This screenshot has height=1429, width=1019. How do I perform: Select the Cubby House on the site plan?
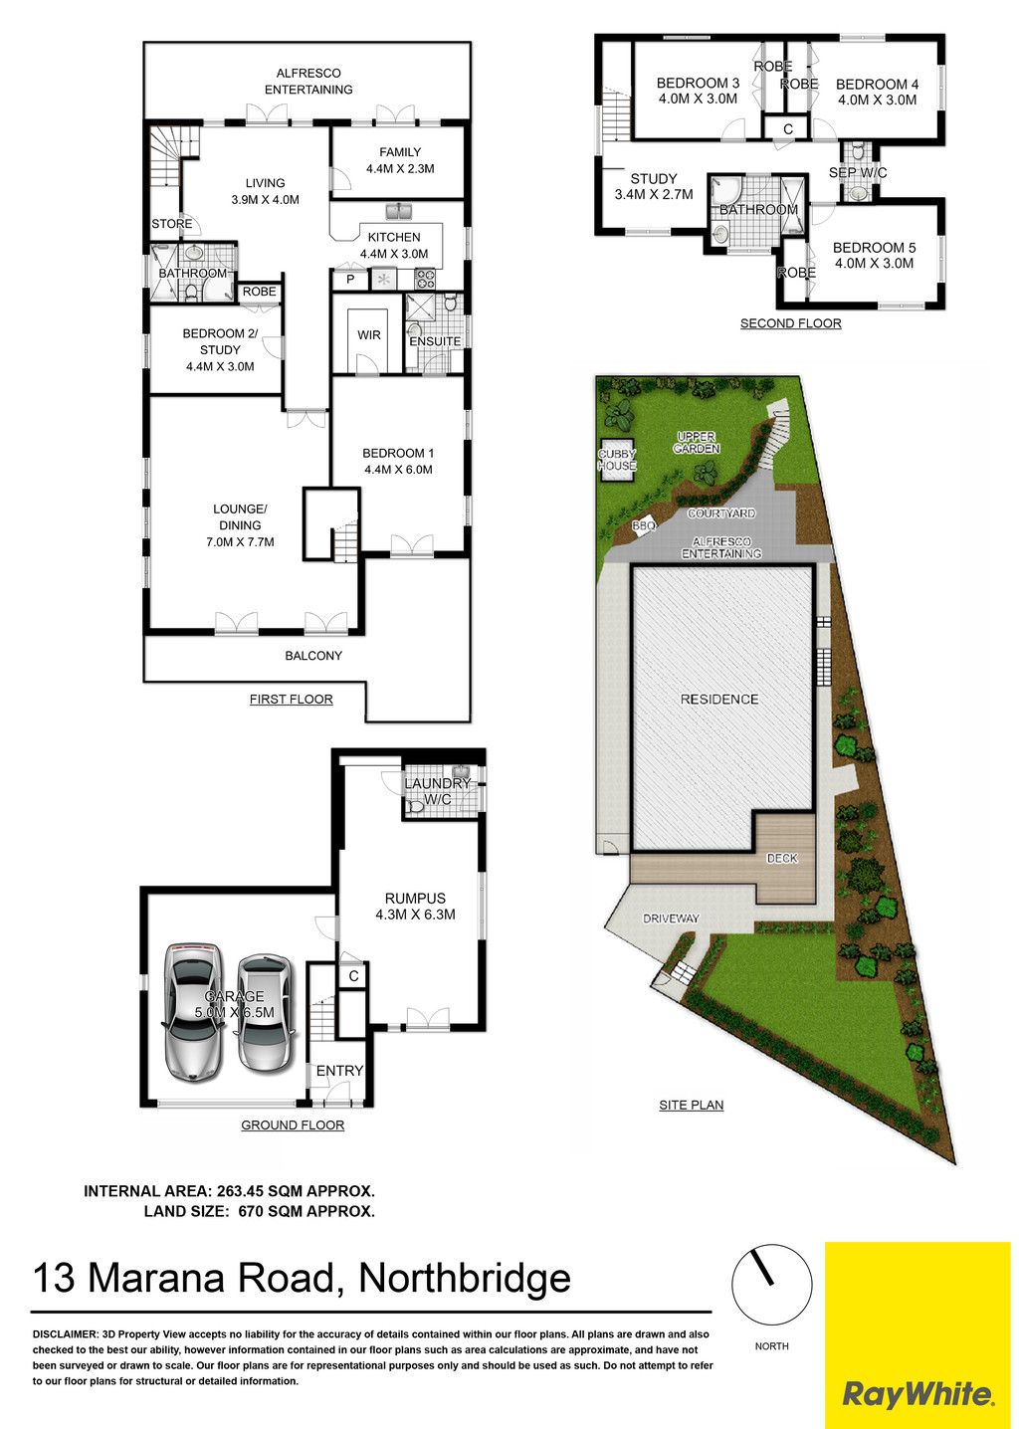[x=616, y=460]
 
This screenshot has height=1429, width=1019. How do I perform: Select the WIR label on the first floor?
[x=369, y=335]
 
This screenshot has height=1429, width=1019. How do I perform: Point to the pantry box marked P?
[x=349, y=279]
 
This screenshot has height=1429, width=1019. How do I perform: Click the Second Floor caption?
[x=790, y=323]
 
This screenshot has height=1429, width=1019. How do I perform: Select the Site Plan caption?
[x=691, y=1105]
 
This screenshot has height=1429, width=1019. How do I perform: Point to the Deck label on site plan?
[x=781, y=859]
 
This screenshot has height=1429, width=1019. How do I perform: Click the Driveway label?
[x=671, y=919]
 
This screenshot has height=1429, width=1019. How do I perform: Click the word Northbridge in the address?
[x=465, y=1278]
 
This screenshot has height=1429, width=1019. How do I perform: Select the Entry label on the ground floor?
[x=339, y=1071]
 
